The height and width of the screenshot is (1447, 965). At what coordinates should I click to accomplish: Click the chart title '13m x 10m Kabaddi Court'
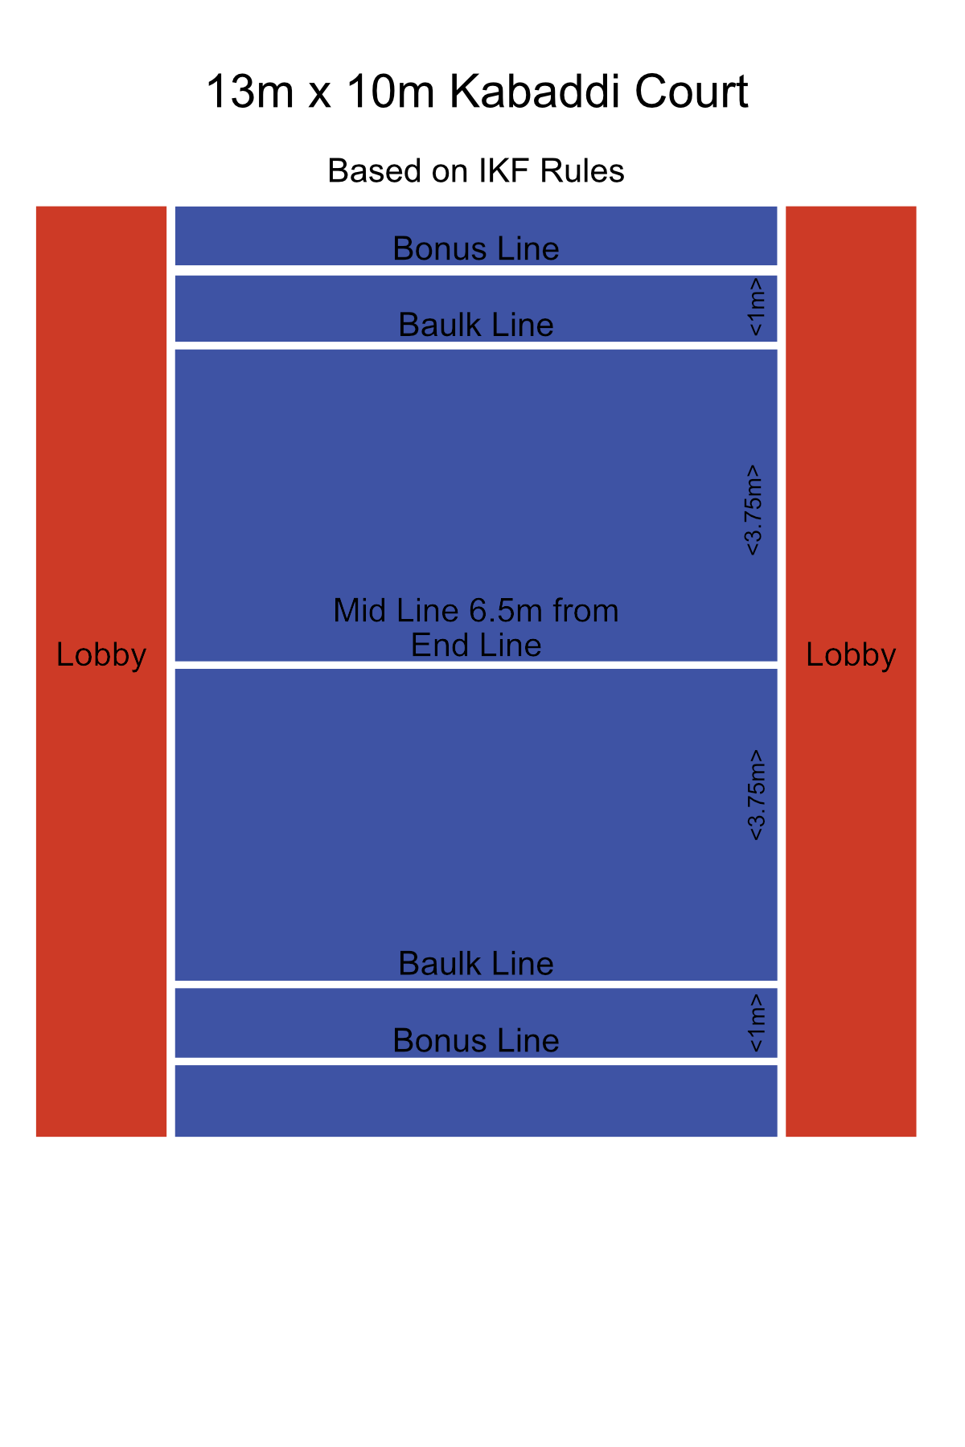click(477, 92)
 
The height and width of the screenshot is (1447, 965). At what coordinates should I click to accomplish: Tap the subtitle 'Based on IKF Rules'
click(476, 171)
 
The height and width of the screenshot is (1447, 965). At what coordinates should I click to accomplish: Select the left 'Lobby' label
click(101, 655)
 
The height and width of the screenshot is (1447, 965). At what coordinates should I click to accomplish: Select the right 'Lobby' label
click(851, 655)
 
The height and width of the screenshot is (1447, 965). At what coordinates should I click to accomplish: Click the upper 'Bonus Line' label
click(476, 248)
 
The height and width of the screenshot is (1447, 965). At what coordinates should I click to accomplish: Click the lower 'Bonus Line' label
click(476, 1040)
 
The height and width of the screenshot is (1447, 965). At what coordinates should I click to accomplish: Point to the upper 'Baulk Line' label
click(476, 325)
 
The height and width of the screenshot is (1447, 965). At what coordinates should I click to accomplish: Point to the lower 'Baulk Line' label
click(476, 963)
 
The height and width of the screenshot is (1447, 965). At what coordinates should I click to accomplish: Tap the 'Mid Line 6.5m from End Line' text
click(476, 628)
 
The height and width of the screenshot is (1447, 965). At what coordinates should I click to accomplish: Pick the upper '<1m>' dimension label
click(755, 307)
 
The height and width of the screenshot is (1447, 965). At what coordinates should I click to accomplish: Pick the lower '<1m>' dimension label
click(755, 1023)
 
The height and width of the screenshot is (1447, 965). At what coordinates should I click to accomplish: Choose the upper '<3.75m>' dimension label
click(754, 510)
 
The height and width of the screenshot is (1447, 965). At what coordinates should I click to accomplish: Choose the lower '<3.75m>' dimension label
click(755, 795)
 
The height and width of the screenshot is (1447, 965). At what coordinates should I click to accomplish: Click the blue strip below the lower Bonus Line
click(476, 1101)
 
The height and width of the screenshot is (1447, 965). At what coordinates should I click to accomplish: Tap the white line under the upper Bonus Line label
click(476, 270)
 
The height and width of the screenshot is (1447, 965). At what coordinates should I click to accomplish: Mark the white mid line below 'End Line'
click(476, 665)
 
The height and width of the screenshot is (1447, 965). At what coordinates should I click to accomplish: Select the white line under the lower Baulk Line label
click(476, 985)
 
